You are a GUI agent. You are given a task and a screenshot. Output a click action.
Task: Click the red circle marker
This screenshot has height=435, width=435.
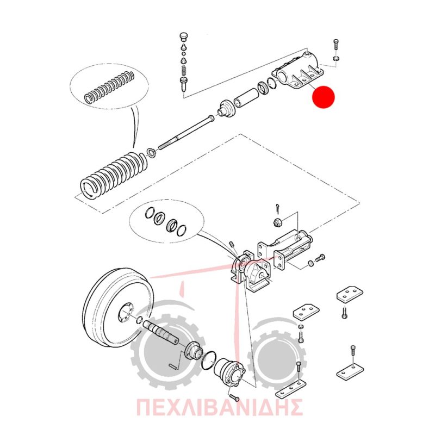tap(324, 97)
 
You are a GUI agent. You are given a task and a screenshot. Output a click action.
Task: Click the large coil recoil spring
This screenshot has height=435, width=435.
tap(114, 175)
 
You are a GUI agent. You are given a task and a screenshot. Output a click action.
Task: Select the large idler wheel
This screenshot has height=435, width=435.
tap(119, 308)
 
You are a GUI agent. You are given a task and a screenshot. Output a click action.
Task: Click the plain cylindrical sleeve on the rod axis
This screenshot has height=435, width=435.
tap(246, 97)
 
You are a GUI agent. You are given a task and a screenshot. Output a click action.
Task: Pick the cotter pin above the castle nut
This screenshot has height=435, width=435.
tap(278, 209)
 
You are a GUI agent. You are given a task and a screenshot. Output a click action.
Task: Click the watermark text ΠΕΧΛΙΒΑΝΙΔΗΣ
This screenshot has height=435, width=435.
tap(219, 407)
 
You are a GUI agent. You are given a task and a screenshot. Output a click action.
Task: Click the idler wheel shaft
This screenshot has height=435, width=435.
tap(161, 332)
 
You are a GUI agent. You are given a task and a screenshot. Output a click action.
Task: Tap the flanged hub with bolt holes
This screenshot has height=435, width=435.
tap(231, 371)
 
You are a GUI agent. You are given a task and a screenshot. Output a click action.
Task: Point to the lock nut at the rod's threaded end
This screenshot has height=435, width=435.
tap(152, 153)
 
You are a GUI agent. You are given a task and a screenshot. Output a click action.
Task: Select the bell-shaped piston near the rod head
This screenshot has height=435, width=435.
tap(226, 109)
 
